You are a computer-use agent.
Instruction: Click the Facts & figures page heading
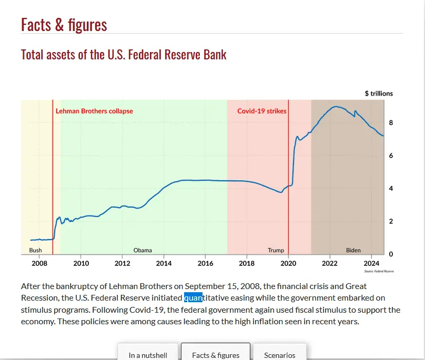coord(64,24)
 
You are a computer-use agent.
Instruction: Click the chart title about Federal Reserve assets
coord(124,54)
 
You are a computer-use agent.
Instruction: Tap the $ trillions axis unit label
coord(379,94)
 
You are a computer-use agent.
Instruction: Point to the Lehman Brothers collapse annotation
coord(94,111)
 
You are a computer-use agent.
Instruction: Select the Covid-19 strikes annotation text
coord(262,111)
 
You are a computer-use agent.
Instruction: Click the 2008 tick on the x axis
coord(39,263)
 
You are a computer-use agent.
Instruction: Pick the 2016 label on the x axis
coord(205,263)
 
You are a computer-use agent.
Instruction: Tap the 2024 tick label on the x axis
coord(371,263)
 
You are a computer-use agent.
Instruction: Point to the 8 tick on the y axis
coord(391,123)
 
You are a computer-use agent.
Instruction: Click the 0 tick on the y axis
coord(391,254)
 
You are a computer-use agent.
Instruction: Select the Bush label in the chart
coord(35,250)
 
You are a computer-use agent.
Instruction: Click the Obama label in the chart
coord(143,250)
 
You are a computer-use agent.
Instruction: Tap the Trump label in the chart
coord(276,250)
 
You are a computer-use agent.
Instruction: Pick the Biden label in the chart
coord(353,250)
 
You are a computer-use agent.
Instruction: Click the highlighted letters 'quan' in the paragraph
coord(193,298)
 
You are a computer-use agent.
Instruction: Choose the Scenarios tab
coord(279,355)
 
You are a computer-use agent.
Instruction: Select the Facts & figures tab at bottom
coord(216,355)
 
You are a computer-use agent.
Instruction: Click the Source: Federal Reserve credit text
coord(379,271)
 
